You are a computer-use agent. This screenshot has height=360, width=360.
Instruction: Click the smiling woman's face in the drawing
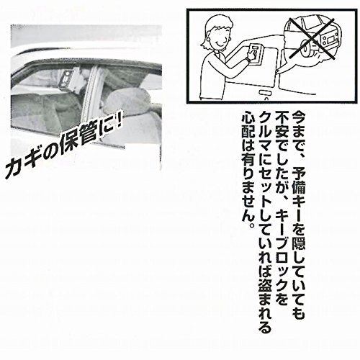[219, 36]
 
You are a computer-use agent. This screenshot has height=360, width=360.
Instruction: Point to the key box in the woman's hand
[256, 54]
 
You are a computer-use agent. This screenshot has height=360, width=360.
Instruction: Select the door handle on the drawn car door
[264, 92]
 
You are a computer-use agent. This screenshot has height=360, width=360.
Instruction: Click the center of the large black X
[312, 38]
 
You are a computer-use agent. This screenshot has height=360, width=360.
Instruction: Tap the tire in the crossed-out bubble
[307, 49]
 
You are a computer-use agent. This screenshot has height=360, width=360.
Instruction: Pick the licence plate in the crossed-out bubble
[330, 38]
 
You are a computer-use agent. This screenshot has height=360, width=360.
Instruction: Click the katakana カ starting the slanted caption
[14, 169]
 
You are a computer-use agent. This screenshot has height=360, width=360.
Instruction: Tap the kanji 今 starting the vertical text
[298, 118]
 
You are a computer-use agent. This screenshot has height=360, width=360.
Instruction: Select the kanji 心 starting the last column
[248, 118]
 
